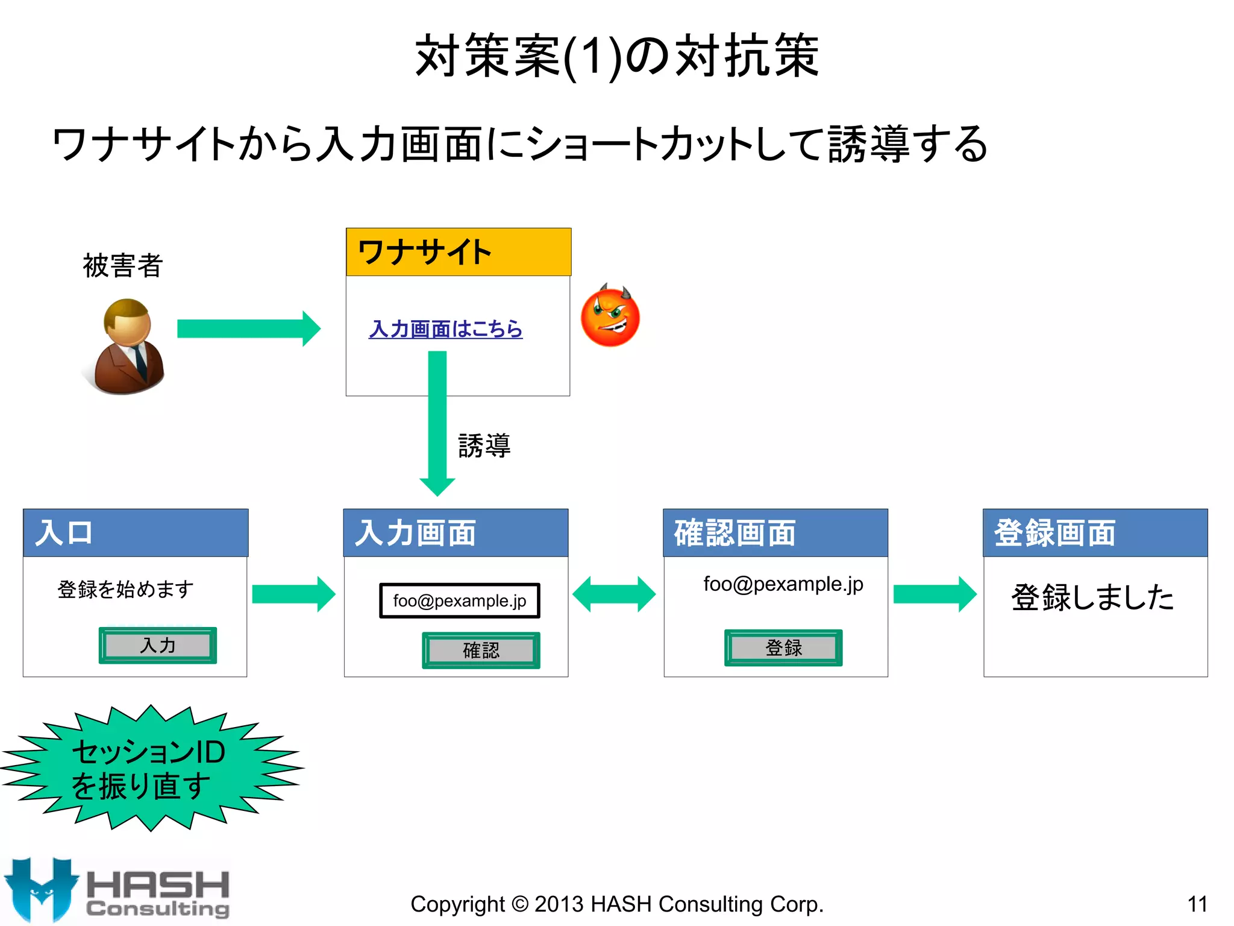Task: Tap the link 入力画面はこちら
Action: click(445, 329)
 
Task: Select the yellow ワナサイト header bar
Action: click(459, 252)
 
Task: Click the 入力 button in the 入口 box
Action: click(158, 646)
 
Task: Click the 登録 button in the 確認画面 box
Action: click(783, 648)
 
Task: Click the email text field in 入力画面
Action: click(459, 600)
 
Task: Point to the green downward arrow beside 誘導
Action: click(437, 422)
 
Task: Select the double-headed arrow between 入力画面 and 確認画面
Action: click(614, 594)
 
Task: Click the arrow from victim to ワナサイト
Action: click(248, 329)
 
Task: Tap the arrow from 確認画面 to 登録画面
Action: click(935, 594)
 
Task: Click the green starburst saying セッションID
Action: click(151, 768)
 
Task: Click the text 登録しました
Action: click(1092, 597)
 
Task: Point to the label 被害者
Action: click(123, 266)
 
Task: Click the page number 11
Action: click(1197, 904)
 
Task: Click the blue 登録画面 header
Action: click(1095, 533)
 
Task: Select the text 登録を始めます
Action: click(126, 589)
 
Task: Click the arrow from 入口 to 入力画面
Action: click(293, 594)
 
